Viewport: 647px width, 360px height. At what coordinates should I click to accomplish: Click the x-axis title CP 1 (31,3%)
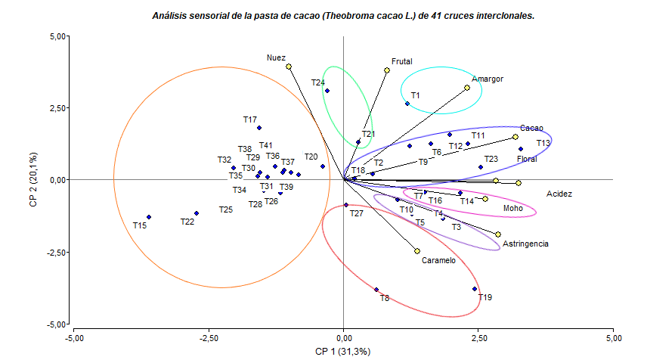click(343, 351)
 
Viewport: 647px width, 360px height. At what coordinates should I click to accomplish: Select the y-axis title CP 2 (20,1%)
click(33, 180)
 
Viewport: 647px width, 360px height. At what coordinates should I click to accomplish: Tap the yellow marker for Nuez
click(289, 67)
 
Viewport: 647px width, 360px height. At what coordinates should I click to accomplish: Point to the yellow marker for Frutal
click(387, 70)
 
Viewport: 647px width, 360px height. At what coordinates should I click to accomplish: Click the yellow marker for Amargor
click(467, 88)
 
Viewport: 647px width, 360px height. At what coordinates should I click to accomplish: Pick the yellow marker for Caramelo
click(417, 251)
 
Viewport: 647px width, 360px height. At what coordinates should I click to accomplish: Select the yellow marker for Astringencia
click(498, 234)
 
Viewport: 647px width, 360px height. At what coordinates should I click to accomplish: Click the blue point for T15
click(149, 217)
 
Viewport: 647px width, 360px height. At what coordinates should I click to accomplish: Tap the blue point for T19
click(475, 289)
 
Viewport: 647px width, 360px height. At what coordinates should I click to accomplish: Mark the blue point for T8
click(376, 290)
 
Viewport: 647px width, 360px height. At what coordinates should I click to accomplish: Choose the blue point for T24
click(327, 91)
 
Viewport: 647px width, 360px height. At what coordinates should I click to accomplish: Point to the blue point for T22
click(197, 213)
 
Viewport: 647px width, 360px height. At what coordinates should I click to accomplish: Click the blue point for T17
click(259, 128)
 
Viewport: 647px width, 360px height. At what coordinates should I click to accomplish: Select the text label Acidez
click(559, 194)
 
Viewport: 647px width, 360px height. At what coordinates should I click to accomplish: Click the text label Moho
click(512, 208)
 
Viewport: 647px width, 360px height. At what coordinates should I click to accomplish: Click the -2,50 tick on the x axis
click(208, 337)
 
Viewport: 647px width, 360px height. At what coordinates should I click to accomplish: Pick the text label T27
click(357, 214)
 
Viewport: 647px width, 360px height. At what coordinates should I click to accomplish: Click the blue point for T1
click(407, 104)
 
